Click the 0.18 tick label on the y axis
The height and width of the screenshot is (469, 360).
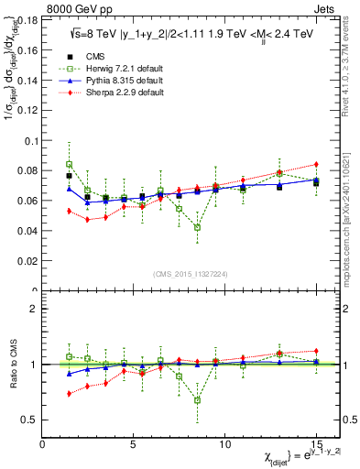point(27,18)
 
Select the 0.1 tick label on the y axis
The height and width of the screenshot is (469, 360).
point(30,140)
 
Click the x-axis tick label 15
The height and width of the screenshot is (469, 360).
point(316,444)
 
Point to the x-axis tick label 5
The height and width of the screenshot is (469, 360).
point(134,444)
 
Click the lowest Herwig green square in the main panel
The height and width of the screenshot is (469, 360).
point(197,227)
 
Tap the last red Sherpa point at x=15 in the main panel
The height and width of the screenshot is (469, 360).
point(316,164)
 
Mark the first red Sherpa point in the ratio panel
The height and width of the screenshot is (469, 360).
point(70,394)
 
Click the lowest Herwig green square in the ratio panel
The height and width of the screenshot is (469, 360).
point(197,399)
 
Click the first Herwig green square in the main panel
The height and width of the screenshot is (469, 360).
point(70,164)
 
